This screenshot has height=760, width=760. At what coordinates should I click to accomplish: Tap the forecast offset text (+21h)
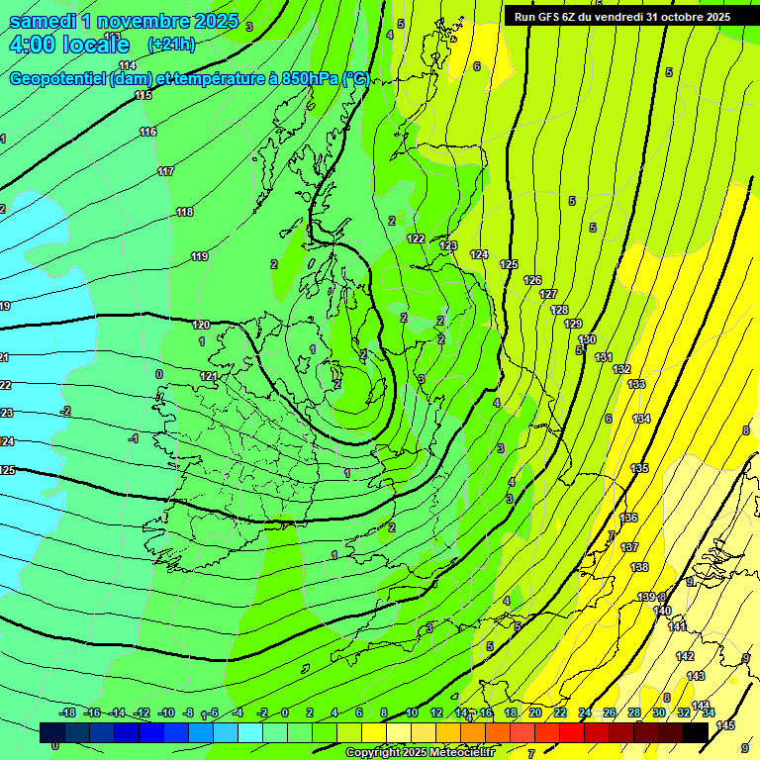(171, 45)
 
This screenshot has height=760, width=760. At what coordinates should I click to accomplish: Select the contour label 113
(112, 37)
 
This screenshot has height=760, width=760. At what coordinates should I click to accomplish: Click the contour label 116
(148, 132)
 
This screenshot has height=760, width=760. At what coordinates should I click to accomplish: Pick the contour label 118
(185, 212)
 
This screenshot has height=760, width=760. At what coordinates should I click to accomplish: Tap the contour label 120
(202, 325)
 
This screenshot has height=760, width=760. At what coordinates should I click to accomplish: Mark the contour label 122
(416, 238)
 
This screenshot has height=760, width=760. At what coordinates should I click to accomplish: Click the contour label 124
(479, 254)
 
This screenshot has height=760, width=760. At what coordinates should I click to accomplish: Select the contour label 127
(548, 295)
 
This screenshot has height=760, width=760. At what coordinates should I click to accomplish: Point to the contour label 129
(573, 324)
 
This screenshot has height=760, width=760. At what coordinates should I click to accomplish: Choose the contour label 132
(621, 369)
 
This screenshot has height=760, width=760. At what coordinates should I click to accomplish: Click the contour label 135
(640, 468)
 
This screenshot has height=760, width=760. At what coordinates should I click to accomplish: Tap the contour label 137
(629, 547)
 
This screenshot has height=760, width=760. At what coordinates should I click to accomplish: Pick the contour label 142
(685, 656)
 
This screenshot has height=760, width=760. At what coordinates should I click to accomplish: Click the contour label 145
(725, 725)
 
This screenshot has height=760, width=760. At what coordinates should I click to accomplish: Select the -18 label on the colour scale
(67, 712)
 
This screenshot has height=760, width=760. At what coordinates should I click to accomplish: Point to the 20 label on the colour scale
(535, 712)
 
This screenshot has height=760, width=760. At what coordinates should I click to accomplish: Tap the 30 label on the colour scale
(659, 712)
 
